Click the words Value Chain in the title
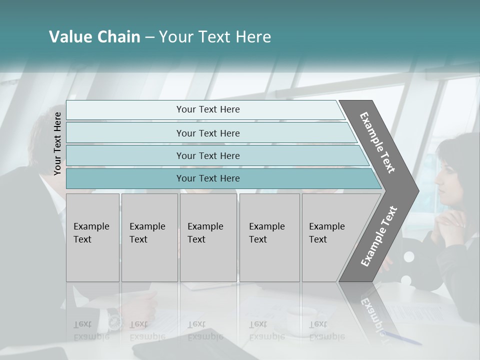(94, 37)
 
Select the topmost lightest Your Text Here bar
(207, 109)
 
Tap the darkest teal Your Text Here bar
(207, 178)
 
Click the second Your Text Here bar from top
(207, 133)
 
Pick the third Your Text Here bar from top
(207, 156)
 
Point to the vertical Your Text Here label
(57, 143)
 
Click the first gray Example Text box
(92, 237)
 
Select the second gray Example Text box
(149, 237)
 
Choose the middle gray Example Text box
(208, 237)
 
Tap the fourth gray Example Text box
(269, 237)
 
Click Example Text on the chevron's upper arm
(377, 142)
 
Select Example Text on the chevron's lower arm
(378, 236)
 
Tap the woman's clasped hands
(450, 220)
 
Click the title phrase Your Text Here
(215, 37)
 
